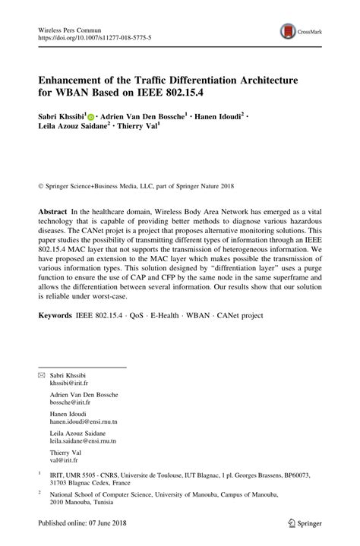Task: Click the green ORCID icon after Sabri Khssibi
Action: (90, 118)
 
